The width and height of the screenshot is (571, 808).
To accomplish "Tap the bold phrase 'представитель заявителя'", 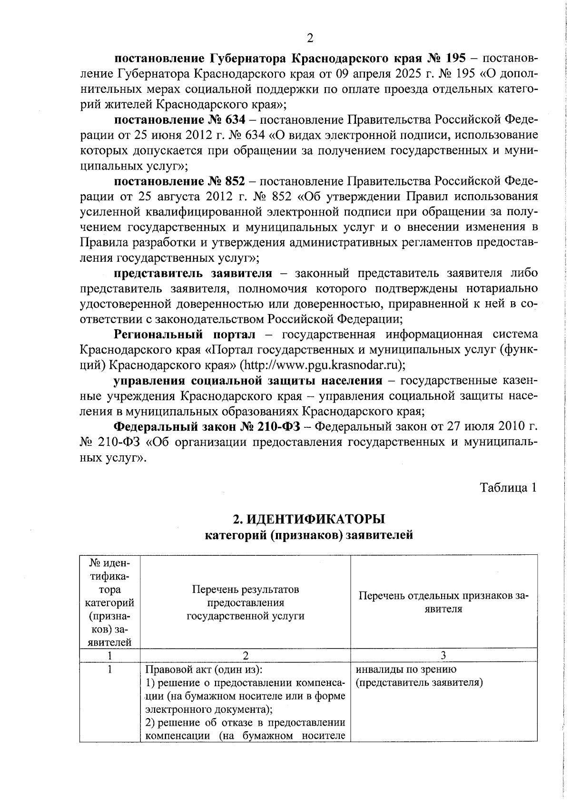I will [193, 274].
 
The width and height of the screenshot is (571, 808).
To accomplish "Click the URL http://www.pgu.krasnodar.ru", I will [319, 365].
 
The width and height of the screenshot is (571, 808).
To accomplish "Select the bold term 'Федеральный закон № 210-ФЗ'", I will [208, 426].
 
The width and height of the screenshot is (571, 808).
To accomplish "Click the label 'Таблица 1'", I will [508, 488].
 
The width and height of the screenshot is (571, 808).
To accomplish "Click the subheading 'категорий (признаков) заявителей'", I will [308, 535].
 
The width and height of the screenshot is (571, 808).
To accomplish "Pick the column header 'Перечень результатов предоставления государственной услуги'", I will [245, 603].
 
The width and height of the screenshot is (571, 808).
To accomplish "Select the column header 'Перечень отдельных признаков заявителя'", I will [443, 602].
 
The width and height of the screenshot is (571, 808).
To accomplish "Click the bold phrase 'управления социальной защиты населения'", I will [247, 381].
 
